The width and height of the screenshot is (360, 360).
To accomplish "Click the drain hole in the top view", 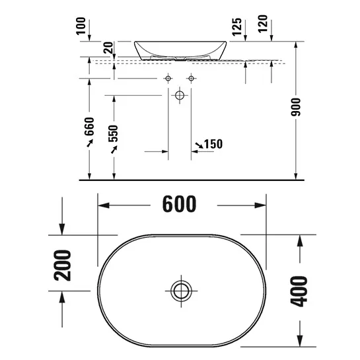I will pyautogui.click(x=180, y=289).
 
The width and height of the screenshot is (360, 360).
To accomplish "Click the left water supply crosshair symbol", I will pyautogui.click(x=168, y=79).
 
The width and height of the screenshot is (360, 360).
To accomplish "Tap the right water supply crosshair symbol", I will pyautogui.click(x=192, y=79).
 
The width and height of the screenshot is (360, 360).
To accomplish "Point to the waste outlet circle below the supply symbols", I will pyautogui.click(x=179, y=96).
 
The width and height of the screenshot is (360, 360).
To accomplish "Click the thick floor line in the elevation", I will pyautogui.click(x=198, y=179).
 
